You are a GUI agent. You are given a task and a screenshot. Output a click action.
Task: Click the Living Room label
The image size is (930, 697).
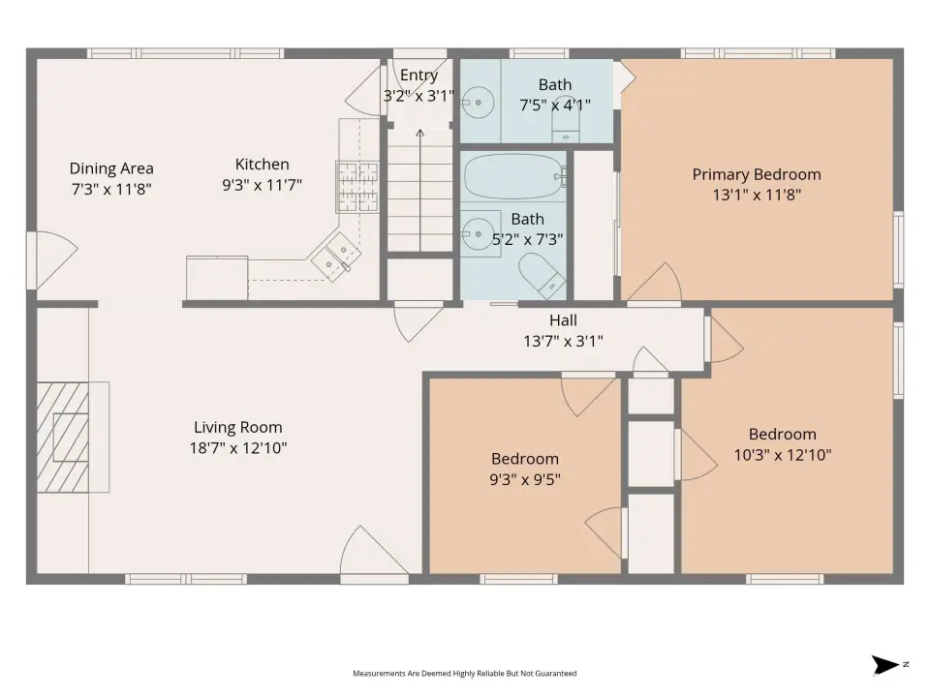(x=238, y=427)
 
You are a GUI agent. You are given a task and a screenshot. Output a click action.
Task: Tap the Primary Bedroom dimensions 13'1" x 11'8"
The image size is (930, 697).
(x=757, y=195)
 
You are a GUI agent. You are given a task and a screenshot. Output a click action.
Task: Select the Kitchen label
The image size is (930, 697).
(x=263, y=165)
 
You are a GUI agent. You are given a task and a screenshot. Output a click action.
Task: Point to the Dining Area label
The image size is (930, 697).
(x=111, y=168)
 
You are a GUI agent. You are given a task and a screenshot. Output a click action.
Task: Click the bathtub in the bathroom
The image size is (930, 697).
(x=514, y=176)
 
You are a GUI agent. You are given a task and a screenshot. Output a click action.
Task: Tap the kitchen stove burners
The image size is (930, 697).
(x=358, y=187)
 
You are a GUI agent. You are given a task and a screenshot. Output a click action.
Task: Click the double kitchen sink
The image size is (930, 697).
(x=336, y=255)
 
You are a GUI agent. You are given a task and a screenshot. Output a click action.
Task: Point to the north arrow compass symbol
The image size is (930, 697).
(x=885, y=665)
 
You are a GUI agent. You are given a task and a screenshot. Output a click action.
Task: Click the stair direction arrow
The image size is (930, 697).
(x=419, y=190)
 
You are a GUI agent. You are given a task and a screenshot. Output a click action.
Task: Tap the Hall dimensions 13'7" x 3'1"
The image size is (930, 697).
(x=563, y=342)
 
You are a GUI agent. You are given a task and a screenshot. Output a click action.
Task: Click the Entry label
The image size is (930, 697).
(x=418, y=76)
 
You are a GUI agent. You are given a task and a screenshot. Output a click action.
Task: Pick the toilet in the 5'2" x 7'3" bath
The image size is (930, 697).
(x=542, y=276)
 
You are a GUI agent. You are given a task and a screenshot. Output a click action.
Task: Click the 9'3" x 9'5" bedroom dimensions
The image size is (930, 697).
(x=525, y=479)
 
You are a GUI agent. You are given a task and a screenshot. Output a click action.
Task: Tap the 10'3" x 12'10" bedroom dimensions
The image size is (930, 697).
(x=783, y=455)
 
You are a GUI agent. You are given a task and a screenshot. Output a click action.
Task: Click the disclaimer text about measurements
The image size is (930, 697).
(x=464, y=674)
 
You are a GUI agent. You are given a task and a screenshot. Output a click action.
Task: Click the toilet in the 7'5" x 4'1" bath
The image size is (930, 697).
(x=567, y=127)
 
